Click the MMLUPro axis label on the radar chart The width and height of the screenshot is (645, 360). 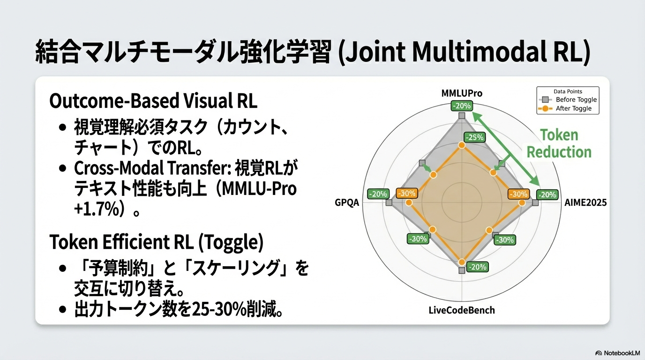(462, 93)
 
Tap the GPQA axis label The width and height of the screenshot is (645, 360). (347, 202)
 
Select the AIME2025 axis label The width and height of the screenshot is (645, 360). (585, 202)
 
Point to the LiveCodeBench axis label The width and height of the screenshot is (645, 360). (462, 310)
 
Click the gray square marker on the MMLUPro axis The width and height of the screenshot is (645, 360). (462, 116)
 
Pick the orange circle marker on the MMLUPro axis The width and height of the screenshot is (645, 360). (462, 145)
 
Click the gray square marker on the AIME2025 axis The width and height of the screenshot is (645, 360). (535, 203)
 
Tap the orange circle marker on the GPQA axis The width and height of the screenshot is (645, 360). (408, 203)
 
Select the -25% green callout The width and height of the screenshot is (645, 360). (475, 137)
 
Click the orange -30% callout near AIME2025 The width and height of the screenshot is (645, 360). (518, 194)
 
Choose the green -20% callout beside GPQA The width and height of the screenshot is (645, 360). (378, 194)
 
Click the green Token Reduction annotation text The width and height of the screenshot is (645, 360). (559, 143)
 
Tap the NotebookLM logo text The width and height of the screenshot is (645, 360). (618, 353)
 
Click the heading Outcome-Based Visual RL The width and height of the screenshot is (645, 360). (153, 100)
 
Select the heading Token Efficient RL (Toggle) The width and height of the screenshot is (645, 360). (157, 242)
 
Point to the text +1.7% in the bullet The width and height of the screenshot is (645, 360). (97, 209)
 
